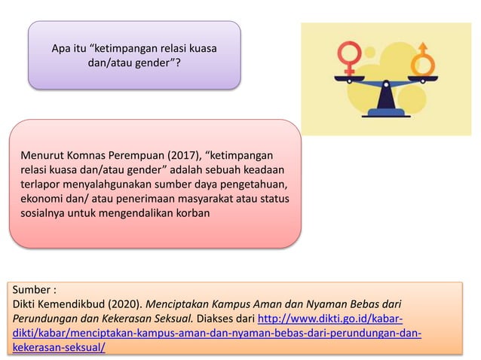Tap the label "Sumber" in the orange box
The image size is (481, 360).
(32, 289)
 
